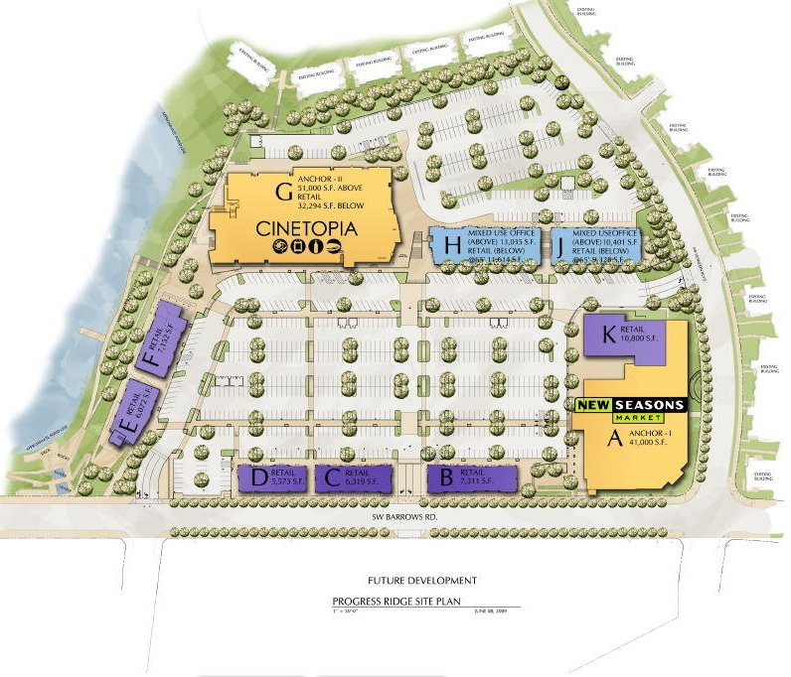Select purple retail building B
point(472,477)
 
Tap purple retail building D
point(273,478)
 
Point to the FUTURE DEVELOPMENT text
point(421,580)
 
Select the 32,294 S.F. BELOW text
point(321,206)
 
